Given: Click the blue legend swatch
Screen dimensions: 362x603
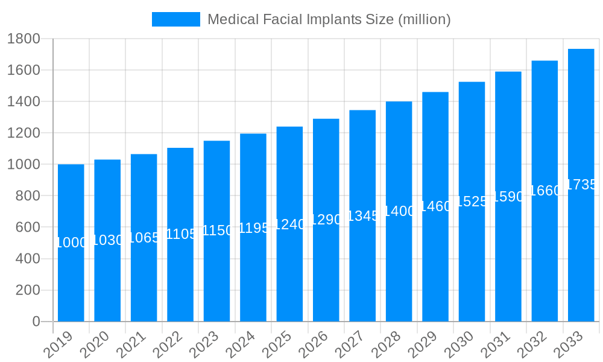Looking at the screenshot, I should (175, 19).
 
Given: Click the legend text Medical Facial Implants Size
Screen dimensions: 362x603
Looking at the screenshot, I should (329, 19).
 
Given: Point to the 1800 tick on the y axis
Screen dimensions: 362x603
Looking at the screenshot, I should (24, 39).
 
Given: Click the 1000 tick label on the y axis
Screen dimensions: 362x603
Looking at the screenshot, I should (24, 164).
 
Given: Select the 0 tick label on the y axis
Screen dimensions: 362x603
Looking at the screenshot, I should (36, 322).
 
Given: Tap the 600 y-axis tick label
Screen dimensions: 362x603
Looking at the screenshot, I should (27, 227).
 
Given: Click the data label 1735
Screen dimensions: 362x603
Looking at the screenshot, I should (581, 185).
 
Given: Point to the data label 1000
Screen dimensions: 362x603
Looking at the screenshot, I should (71, 243).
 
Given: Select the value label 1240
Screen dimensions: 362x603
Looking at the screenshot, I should (289, 224).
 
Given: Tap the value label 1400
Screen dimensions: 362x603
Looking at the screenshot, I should (399, 211).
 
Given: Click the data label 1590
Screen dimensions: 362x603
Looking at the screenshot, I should (508, 197).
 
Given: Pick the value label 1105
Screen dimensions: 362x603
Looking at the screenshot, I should (180, 234).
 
